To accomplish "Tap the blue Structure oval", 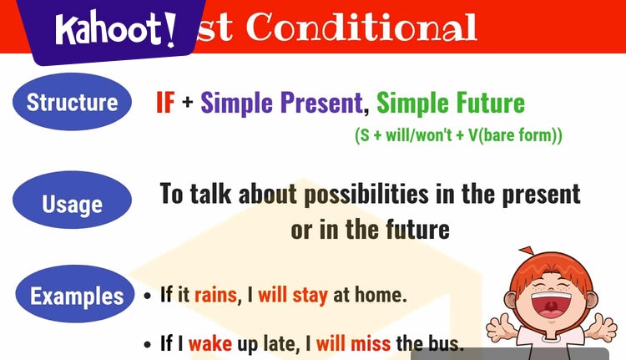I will tap(72, 103).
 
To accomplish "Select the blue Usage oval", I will tap(72, 204).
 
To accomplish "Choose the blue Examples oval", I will tap(76, 295).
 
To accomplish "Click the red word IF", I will tap(165, 103).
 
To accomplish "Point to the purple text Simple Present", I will tap(282, 103).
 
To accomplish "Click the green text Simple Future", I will tap(451, 103).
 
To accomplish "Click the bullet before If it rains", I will tap(148, 297).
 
